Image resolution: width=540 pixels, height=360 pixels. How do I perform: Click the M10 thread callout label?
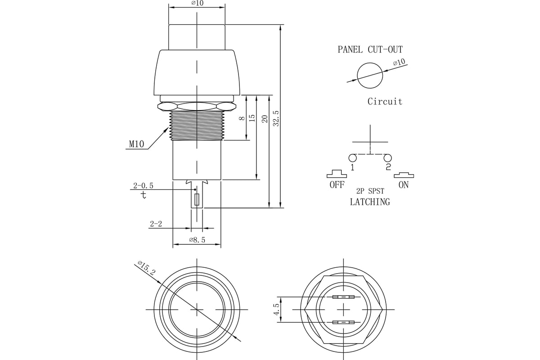(136, 144)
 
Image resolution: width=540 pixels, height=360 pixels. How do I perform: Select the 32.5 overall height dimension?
(276, 118)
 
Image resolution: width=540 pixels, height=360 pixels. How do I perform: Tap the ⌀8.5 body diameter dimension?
(197, 240)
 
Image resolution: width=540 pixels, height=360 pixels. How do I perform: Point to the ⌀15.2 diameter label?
(147, 268)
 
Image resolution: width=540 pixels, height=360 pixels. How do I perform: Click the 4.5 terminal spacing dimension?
(276, 310)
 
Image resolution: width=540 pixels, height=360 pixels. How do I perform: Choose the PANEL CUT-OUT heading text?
(370, 49)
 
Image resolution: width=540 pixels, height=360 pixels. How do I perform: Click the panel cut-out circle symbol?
(370, 75)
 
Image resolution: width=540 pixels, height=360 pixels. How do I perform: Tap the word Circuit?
(385, 102)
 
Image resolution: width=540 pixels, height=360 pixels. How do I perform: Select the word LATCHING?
(370, 202)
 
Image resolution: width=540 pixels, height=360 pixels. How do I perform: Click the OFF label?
(337, 185)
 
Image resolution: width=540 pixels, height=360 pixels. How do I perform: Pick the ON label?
(404, 185)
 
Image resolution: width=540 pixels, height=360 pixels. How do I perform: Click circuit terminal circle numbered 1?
(352, 158)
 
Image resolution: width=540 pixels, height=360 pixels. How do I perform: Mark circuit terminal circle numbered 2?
(387, 158)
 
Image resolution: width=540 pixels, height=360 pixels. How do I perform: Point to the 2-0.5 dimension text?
(143, 185)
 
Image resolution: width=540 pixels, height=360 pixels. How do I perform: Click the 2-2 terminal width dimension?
(156, 224)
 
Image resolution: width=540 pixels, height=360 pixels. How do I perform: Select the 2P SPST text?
(370, 191)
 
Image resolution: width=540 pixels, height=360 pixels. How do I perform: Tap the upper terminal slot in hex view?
(343, 297)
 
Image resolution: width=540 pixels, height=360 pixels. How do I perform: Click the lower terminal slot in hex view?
(343, 322)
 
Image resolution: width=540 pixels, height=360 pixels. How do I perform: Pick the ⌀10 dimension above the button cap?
(197, 4)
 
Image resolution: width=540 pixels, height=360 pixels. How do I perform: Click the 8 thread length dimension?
(242, 118)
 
